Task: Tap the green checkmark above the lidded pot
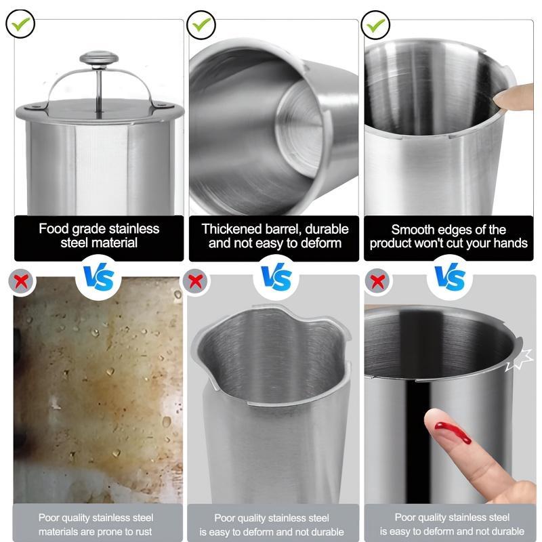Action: coord(20,24)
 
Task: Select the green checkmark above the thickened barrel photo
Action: coord(201,24)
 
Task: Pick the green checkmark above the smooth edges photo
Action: coord(376,24)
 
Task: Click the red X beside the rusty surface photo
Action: coord(22,281)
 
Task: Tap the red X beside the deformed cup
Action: coord(196,281)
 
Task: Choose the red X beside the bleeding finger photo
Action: coord(377,281)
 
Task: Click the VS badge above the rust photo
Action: coord(98,278)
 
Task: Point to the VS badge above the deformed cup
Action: coord(276,277)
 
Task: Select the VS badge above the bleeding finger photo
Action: coord(450,277)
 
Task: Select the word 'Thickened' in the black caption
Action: coord(231,229)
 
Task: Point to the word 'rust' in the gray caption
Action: coord(142,532)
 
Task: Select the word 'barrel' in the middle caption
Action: coord(283,230)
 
